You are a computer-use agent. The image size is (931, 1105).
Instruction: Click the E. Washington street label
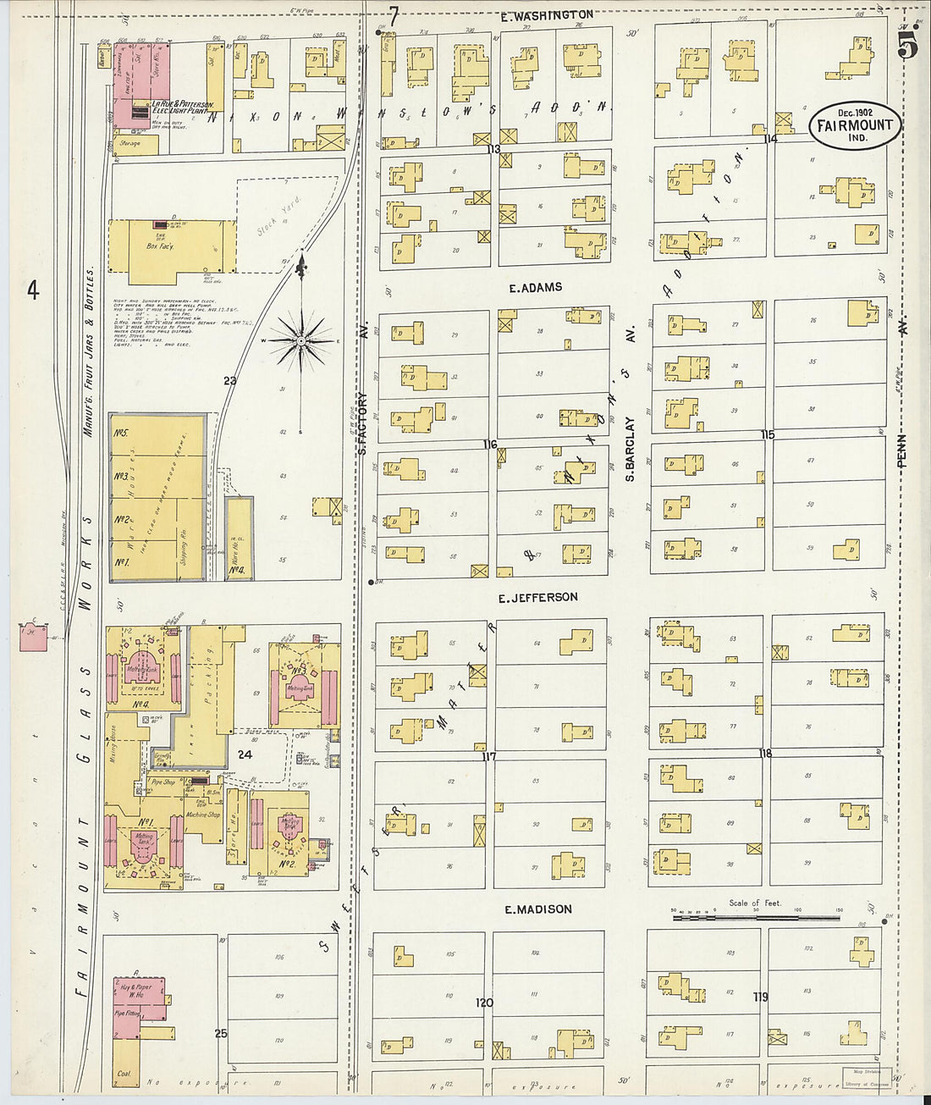click(x=546, y=15)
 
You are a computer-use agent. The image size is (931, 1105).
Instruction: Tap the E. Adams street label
click(x=535, y=288)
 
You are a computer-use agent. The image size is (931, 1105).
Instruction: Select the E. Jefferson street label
click(x=537, y=598)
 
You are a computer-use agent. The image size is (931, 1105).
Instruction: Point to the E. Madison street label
click(x=537, y=909)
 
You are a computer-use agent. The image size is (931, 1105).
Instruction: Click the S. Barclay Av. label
click(x=631, y=449)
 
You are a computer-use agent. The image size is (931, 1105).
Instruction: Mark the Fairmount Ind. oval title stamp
click(x=854, y=125)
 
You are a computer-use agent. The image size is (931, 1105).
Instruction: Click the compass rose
click(x=300, y=340)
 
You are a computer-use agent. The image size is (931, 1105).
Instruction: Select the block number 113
click(x=493, y=149)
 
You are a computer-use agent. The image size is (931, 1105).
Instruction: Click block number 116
click(x=490, y=445)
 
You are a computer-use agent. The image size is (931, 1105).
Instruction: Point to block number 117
click(x=488, y=757)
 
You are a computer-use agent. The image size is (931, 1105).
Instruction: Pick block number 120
click(x=483, y=1003)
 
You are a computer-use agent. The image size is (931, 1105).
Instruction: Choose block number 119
click(x=761, y=997)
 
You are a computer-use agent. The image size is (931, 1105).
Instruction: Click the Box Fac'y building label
click(x=160, y=246)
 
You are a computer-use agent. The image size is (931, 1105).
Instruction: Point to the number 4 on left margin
click(x=33, y=290)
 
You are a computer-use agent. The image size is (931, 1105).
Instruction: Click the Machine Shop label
click(x=202, y=815)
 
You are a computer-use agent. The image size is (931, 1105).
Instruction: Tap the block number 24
click(x=245, y=754)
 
